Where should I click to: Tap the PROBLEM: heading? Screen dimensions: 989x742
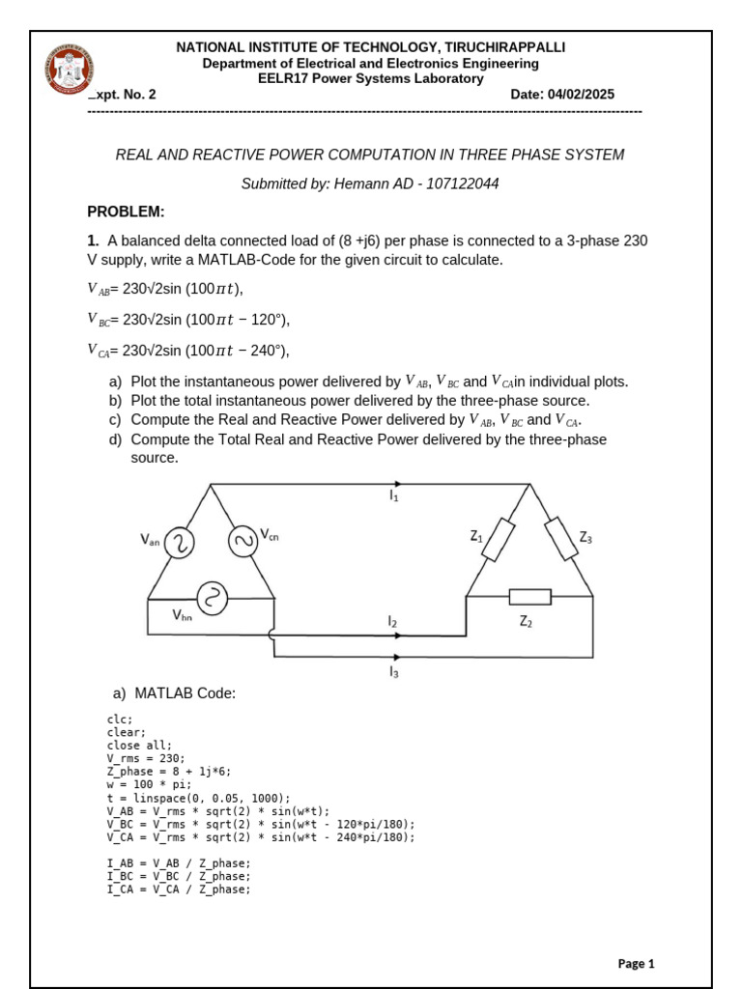pos(126,212)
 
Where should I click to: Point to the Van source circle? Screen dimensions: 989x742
pos(181,544)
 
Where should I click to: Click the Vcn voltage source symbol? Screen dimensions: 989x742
pos(243,542)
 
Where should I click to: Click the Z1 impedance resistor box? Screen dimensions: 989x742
pos(498,540)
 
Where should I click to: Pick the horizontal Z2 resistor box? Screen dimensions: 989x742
pos(529,597)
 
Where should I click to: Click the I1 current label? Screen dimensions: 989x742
pos(394,496)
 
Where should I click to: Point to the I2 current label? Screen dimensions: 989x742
pos(392,623)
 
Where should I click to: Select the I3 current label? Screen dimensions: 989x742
pos(393,671)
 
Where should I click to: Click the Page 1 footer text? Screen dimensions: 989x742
pos(636,963)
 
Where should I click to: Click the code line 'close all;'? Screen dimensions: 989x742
pos(139,745)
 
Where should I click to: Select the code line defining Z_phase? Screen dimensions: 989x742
pos(168,772)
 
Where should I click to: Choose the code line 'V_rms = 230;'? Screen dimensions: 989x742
pos(145,758)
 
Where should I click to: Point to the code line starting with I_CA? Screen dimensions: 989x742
pos(178,890)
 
